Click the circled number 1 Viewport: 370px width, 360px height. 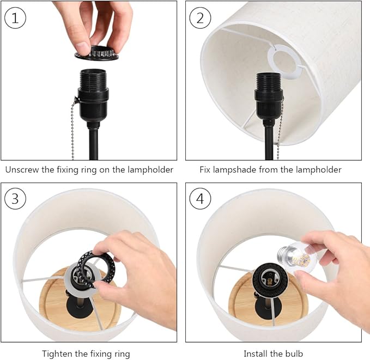click(x=15, y=18)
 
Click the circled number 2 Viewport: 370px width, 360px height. click(x=200, y=18)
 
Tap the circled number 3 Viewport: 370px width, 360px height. click(x=15, y=198)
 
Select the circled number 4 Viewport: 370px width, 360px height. click(x=200, y=198)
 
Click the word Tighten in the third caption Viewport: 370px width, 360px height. click(x=57, y=354)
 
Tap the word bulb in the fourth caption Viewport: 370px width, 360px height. click(x=294, y=353)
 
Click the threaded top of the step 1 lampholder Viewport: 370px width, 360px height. click(x=93, y=78)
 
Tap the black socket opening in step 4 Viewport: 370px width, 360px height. click(x=270, y=278)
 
